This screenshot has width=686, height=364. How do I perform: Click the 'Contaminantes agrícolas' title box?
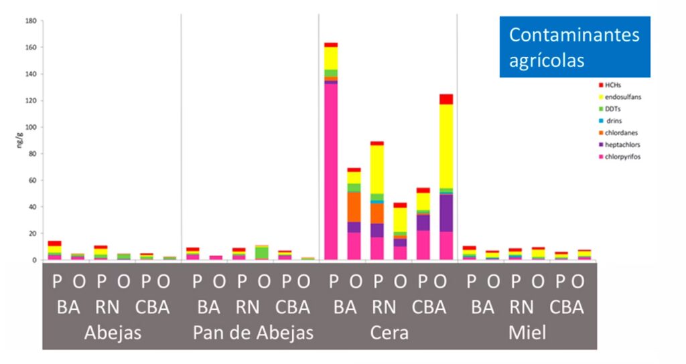coord(574,47)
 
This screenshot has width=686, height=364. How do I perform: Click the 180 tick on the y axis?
coord(30,21)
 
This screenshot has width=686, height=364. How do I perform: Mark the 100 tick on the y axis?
coord(30,127)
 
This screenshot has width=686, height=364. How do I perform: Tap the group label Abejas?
coord(113,333)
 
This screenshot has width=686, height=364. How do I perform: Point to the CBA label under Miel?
coord(567,308)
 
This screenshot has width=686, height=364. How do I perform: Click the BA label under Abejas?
coord(68,308)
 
